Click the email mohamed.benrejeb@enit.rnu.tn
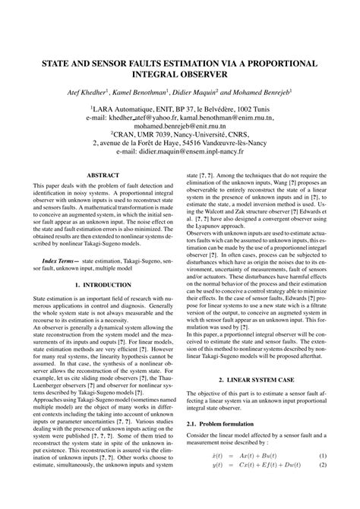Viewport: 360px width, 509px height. click(180, 128)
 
